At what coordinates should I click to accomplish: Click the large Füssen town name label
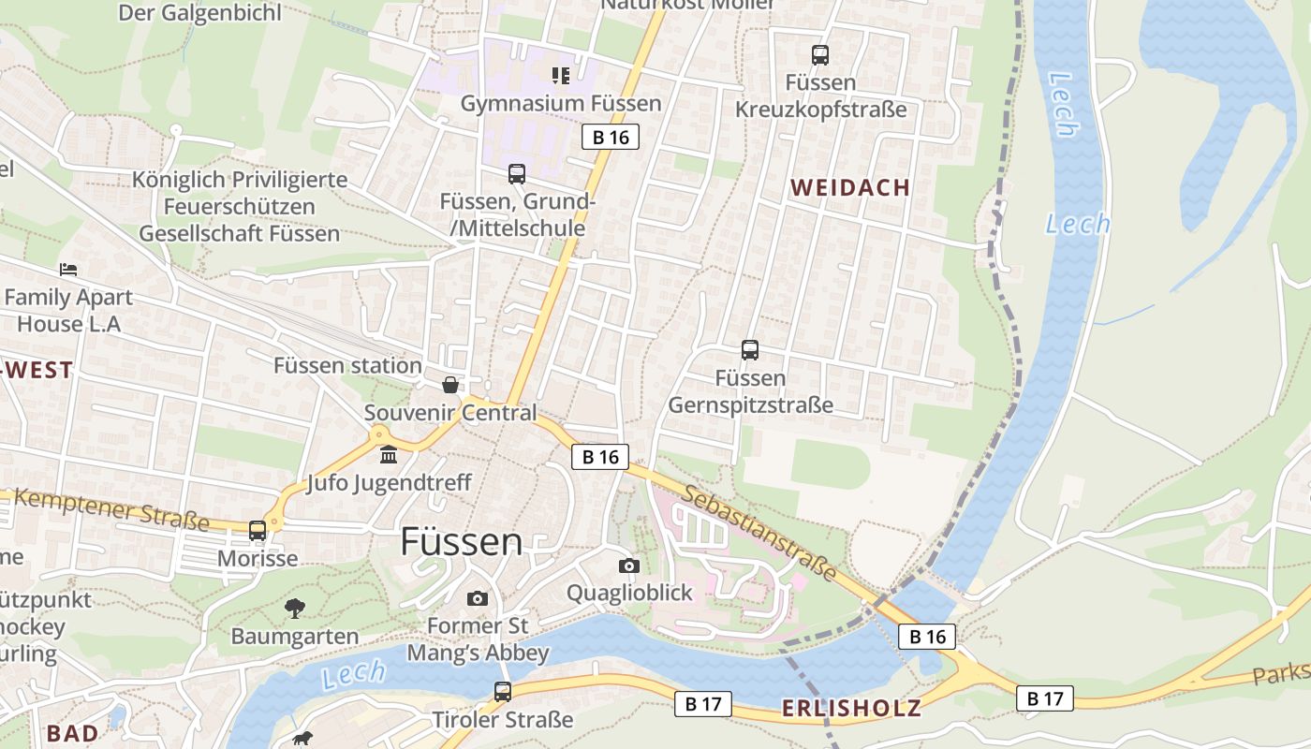pyautogui.click(x=461, y=542)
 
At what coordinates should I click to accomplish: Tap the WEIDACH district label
pyautogui.click(x=850, y=187)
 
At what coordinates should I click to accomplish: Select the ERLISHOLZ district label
pyautogui.click(x=851, y=708)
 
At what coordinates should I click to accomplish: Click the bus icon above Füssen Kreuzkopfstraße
pyautogui.click(x=820, y=55)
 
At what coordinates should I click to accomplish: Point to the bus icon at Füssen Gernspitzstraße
pyautogui.click(x=750, y=350)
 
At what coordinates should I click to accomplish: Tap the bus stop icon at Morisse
pyautogui.click(x=258, y=531)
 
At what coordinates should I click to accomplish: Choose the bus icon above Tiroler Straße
pyautogui.click(x=503, y=692)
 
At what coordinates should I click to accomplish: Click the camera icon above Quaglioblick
pyautogui.click(x=629, y=565)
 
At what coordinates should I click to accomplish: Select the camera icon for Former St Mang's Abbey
pyautogui.click(x=478, y=598)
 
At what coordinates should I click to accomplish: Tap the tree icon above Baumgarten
pyautogui.click(x=295, y=609)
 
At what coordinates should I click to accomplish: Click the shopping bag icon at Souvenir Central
pyautogui.click(x=450, y=385)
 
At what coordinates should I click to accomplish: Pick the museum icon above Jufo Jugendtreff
pyautogui.click(x=389, y=456)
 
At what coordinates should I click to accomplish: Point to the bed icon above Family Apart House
pyautogui.click(x=68, y=270)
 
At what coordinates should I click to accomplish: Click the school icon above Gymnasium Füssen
pyautogui.click(x=560, y=75)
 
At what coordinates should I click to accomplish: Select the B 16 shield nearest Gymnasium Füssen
pyautogui.click(x=610, y=138)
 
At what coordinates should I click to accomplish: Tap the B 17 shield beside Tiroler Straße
pyautogui.click(x=702, y=704)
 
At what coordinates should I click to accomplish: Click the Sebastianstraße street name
pyautogui.click(x=759, y=532)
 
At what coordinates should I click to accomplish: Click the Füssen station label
pyautogui.click(x=347, y=365)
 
